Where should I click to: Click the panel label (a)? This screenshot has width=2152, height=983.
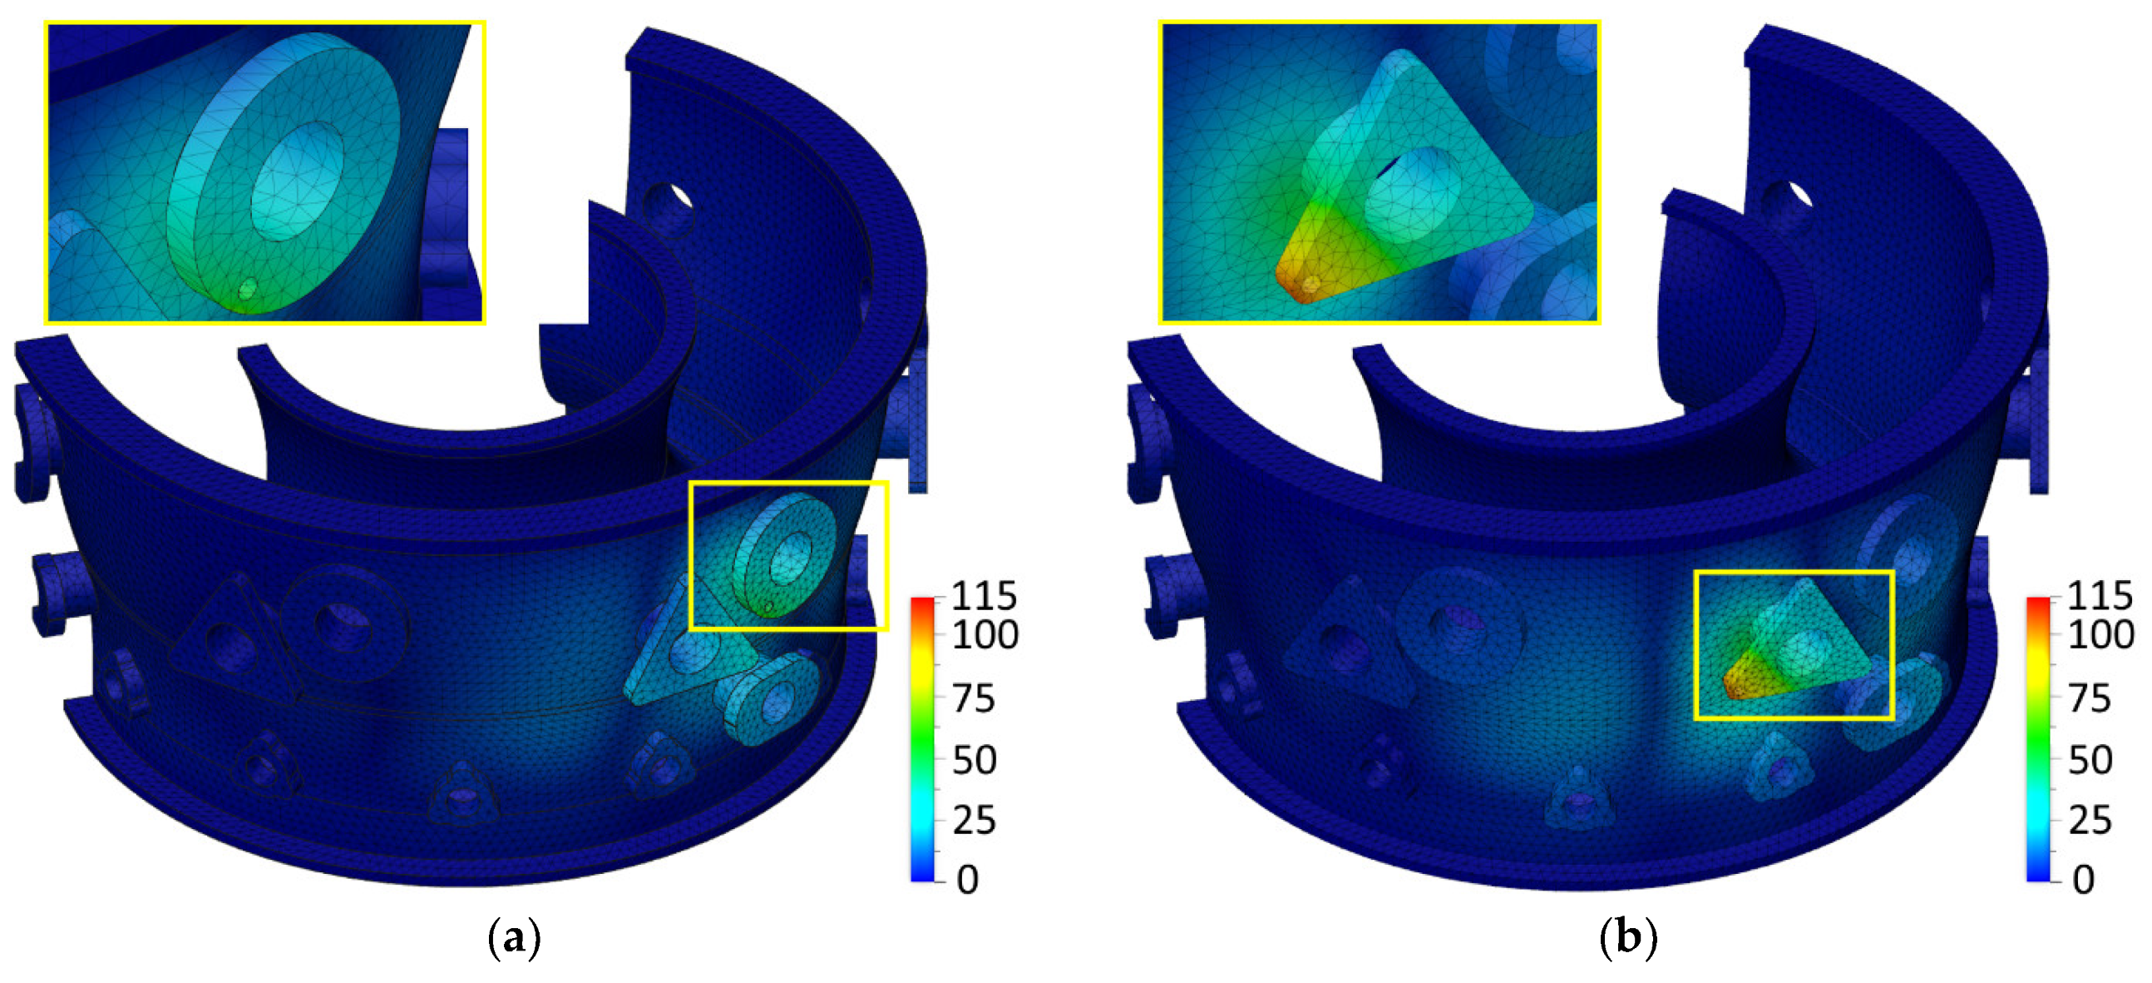click(514, 939)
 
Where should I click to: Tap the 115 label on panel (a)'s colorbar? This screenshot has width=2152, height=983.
click(984, 597)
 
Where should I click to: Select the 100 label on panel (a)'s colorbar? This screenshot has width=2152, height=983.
click(985, 635)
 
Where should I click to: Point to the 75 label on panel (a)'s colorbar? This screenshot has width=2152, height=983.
click(973, 698)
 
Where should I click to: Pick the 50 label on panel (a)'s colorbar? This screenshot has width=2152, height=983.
click(974, 761)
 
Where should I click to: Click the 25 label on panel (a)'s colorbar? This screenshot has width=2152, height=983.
click(974, 821)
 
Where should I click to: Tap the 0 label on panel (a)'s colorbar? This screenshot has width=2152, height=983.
click(967, 879)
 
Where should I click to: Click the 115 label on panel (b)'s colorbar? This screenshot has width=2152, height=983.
click(2100, 597)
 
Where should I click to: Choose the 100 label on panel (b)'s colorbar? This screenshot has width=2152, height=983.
click(2100, 635)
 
